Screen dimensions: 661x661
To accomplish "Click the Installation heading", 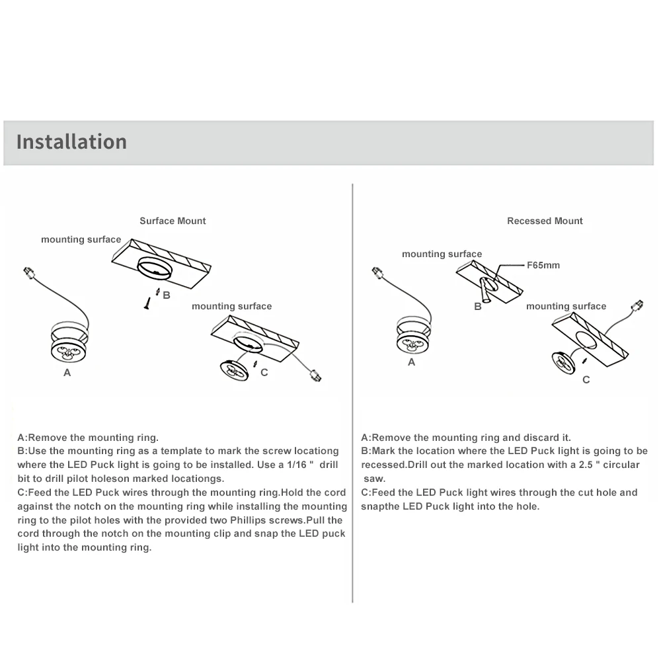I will [71, 141].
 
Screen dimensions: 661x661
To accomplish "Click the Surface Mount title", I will [173, 221].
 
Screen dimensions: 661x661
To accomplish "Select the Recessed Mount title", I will [545, 221].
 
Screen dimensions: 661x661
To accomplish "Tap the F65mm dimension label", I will [543, 265].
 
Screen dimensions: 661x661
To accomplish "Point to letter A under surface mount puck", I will [67, 373].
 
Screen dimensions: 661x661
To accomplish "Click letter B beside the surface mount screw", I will [167, 295].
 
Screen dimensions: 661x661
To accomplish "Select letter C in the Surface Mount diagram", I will [264, 372].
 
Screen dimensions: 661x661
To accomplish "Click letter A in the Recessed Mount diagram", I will [412, 362].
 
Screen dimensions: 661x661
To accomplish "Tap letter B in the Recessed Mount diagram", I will [478, 307].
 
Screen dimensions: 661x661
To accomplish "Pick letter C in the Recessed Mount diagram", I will [586, 379].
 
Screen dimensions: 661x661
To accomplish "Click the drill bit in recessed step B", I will [487, 292].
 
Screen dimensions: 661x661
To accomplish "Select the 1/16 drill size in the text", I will [295, 465].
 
